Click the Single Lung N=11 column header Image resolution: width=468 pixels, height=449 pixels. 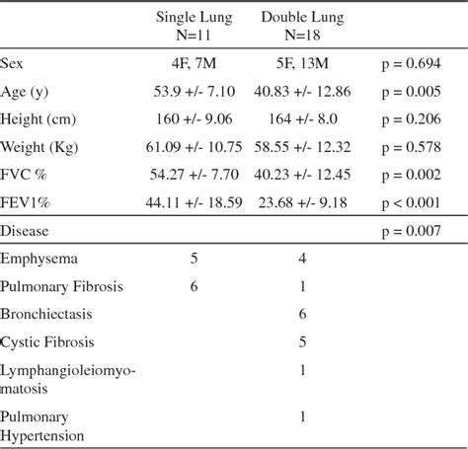(x=194, y=28)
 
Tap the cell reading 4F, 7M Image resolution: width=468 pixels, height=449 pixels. (x=194, y=64)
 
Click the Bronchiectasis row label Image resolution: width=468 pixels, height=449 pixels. (x=45, y=317)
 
